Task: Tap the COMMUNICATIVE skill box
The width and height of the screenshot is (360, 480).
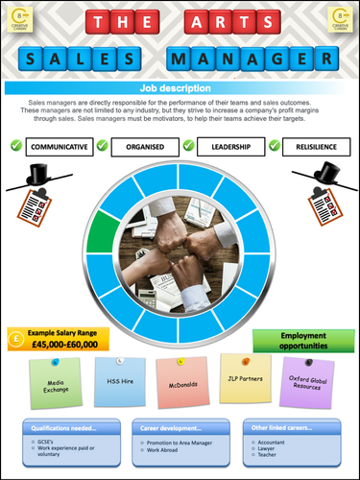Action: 61,147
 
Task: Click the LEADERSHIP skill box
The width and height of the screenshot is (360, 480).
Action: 229,147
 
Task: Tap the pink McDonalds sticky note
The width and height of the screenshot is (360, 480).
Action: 182,381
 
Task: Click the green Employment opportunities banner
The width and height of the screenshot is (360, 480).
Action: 303,340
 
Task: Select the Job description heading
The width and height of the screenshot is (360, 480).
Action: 180,87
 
